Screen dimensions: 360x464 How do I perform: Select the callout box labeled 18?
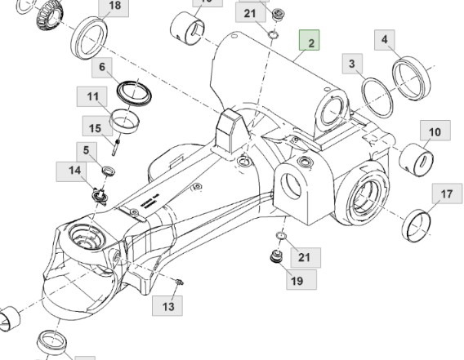pos(114,7)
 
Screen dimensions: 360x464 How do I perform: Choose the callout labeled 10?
pos(434,131)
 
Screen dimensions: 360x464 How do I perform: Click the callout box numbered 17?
pos(446,194)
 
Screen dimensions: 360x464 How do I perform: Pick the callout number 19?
pos(296,280)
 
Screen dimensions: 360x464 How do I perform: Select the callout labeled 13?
pos(168,306)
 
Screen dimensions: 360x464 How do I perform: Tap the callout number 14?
pos(74,171)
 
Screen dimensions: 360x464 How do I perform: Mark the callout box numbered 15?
pos(96,128)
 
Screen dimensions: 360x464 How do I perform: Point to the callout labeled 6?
pos(102,67)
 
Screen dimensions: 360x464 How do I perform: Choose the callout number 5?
pos(85,150)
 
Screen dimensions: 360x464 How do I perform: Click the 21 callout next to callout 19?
pos(304,257)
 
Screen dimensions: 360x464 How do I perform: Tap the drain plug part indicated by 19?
pos(276,260)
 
